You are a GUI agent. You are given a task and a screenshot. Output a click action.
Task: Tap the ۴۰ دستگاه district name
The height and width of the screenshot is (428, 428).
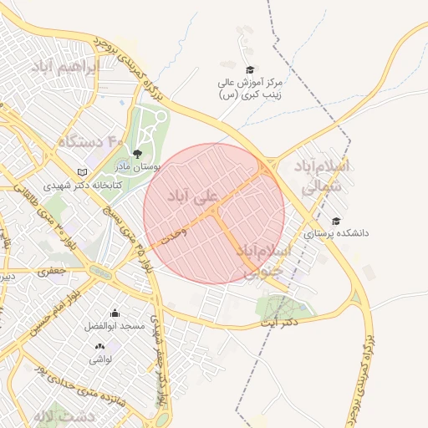[x=89, y=141]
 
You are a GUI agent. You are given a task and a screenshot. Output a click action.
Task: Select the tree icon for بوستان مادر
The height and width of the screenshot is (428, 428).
[x=137, y=153]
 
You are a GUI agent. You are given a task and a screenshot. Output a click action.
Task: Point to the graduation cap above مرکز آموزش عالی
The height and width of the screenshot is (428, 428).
[x=248, y=69]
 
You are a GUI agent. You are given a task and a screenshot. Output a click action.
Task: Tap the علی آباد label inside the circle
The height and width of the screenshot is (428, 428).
[x=193, y=196]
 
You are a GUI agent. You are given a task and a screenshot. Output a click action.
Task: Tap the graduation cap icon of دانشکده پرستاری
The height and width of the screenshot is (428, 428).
[x=335, y=222]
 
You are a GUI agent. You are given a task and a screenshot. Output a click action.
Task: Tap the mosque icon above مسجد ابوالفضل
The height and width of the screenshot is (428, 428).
[x=115, y=313]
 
